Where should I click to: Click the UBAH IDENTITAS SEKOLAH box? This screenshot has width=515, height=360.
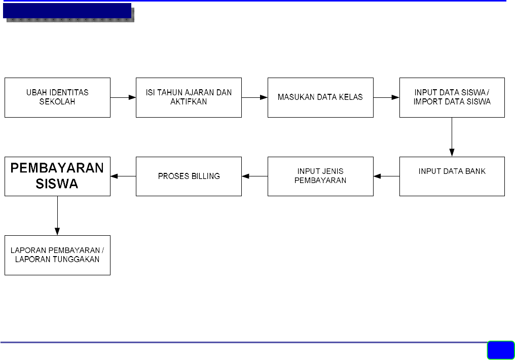tap(57, 97)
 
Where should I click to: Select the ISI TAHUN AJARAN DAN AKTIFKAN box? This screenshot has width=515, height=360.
tap(189, 97)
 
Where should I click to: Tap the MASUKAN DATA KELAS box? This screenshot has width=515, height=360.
tap(320, 97)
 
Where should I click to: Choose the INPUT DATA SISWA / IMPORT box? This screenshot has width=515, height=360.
tap(452, 97)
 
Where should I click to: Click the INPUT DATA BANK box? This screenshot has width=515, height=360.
tap(452, 176)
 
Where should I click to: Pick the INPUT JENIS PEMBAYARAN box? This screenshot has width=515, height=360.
tap(320, 176)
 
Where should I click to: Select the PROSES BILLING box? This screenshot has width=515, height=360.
tap(189, 176)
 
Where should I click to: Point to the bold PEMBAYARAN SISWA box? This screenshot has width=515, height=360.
tap(57, 176)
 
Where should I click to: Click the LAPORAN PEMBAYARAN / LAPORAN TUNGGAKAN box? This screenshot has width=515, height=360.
tap(57, 255)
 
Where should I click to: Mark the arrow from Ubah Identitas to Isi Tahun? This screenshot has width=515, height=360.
tap(123, 97)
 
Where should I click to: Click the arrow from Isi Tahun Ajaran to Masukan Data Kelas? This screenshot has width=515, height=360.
tap(254, 97)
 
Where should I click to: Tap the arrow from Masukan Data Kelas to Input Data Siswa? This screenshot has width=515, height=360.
tap(386, 97)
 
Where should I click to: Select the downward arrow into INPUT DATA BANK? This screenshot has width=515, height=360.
tap(452, 137)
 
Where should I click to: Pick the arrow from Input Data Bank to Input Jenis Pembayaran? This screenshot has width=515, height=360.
tap(386, 176)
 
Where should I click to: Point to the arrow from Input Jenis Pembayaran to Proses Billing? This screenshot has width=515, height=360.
tap(254, 176)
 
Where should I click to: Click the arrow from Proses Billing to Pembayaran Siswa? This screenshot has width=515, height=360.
tap(123, 176)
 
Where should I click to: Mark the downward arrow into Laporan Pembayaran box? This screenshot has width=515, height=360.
tap(57, 215)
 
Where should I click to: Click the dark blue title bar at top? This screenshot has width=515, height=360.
tap(67, 11)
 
